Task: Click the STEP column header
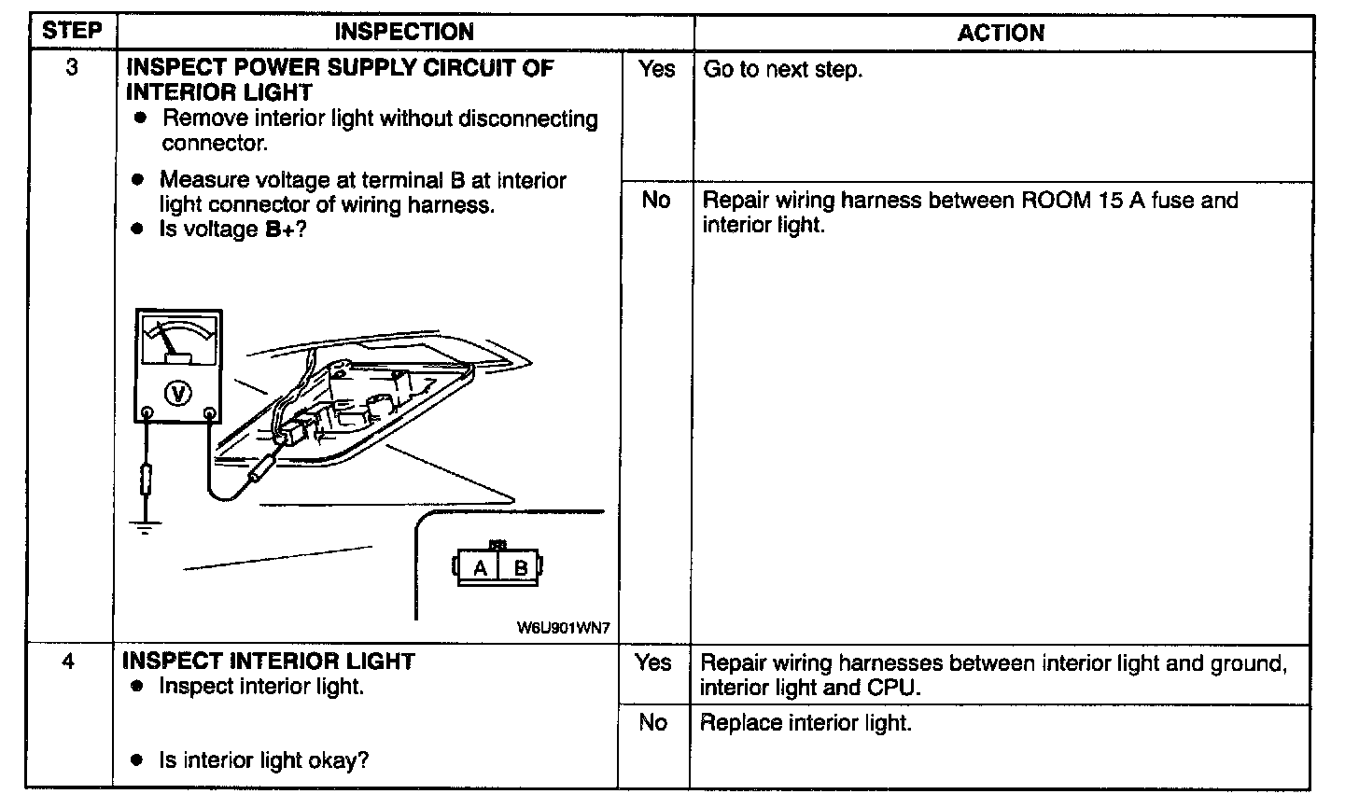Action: click(x=72, y=31)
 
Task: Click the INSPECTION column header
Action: click(x=403, y=32)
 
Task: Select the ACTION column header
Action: click(x=1001, y=33)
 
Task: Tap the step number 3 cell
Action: click(x=72, y=68)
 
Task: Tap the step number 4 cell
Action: click(x=69, y=662)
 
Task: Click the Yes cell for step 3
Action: click(x=656, y=68)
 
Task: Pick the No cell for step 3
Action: click(x=656, y=200)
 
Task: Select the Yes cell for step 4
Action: click(x=653, y=662)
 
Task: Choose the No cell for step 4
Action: click(x=653, y=722)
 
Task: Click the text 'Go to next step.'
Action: click(x=782, y=70)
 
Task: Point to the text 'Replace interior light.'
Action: click(x=805, y=722)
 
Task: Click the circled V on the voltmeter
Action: click(x=177, y=394)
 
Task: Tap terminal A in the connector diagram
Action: click(x=480, y=567)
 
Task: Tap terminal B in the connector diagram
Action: click(x=521, y=567)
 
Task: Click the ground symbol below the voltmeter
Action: click(x=145, y=528)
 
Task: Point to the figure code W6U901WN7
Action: click(x=563, y=628)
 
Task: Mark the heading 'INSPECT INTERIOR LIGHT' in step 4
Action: click(x=269, y=662)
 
